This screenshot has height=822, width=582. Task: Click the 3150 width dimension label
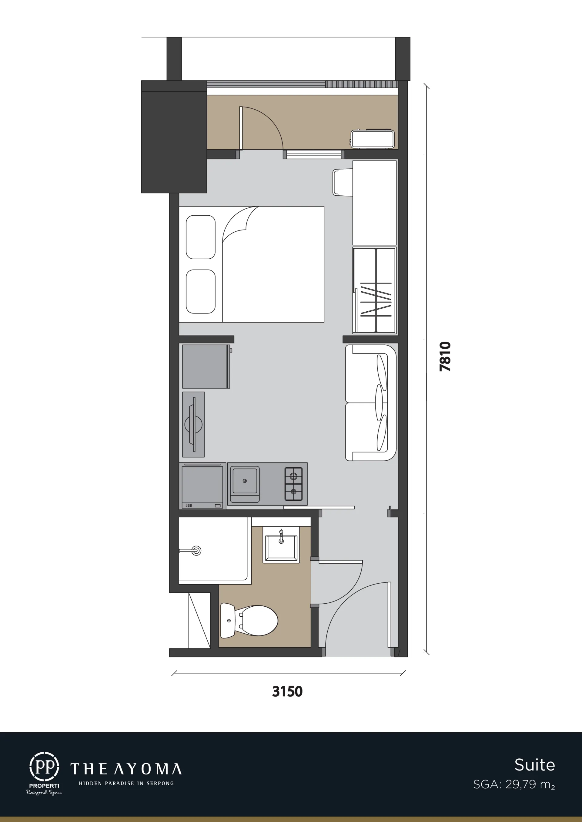(287, 691)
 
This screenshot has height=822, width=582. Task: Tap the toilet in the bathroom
(249, 621)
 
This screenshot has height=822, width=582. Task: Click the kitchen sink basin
(245, 481)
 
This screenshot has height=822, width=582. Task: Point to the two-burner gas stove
(293, 484)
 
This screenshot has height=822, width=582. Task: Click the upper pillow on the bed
(201, 237)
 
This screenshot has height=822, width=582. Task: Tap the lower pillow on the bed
(201, 291)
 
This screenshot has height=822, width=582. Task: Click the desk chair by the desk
(343, 183)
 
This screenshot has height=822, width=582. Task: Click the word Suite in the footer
(535, 765)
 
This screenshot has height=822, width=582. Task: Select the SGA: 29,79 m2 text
(514, 784)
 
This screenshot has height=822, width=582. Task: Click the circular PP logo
(44, 767)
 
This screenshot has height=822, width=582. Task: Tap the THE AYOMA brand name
(126, 769)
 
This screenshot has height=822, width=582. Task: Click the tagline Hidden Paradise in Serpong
(126, 783)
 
